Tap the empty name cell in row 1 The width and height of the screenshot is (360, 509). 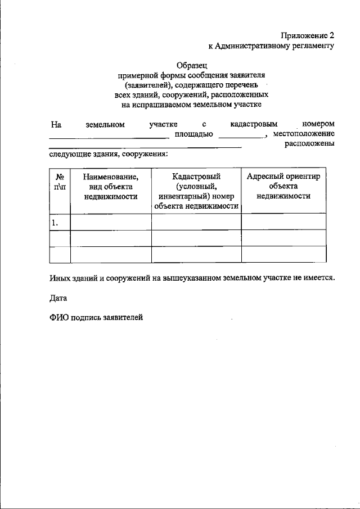[110, 222]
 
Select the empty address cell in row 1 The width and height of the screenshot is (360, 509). [283, 222]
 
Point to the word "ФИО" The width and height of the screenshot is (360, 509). [58, 318]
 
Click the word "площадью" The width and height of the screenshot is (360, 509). [193, 134]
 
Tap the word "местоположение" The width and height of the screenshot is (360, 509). [304, 134]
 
